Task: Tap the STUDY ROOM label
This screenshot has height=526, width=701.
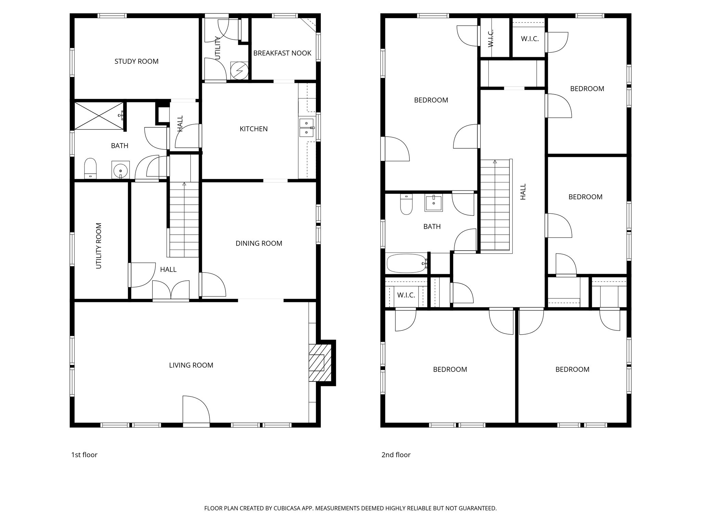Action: [136, 61]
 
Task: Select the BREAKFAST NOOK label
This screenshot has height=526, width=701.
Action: [282, 53]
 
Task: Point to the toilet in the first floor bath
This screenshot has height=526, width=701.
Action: [90, 168]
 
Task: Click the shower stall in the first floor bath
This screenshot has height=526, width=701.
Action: [99, 116]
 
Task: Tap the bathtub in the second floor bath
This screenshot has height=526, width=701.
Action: [406, 263]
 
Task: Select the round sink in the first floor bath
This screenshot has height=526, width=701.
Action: [120, 170]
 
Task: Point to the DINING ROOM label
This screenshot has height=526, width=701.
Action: [259, 243]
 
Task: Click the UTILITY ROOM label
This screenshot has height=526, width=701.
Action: [99, 246]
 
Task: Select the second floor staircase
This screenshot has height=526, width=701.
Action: [495, 205]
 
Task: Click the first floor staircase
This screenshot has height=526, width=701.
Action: [184, 219]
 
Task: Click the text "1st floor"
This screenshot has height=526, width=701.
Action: [84, 455]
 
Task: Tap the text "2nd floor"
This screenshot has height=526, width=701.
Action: [396, 455]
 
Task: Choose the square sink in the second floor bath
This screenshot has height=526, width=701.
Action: [434, 203]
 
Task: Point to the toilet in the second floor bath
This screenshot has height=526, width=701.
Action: [406, 204]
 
